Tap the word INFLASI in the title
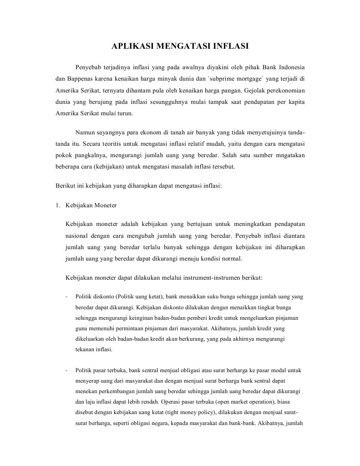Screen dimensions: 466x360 point(229,46)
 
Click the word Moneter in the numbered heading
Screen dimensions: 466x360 point(106,205)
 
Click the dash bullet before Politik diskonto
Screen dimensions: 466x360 point(67,297)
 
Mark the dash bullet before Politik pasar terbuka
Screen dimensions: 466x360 point(67,370)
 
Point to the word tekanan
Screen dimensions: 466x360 point(84,350)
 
